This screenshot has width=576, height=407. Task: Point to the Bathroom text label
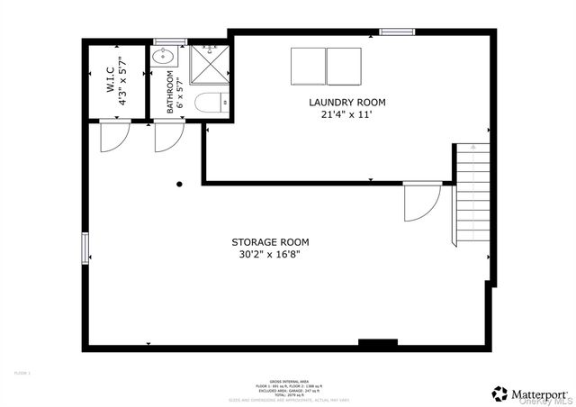[x=169, y=94]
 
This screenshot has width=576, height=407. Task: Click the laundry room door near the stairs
[x=419, y=203]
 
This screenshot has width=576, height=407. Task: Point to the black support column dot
[x=179, y=185]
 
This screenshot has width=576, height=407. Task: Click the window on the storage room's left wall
[x=85, y=248]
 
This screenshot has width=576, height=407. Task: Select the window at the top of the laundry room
[x=396, y=32]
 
